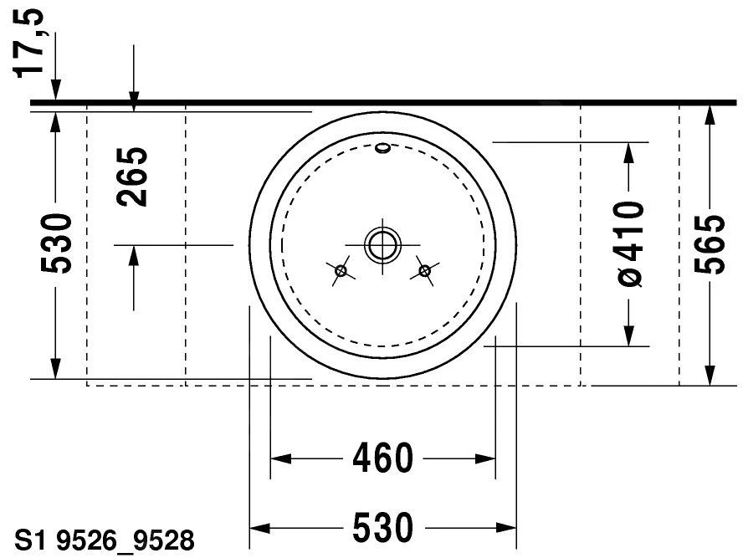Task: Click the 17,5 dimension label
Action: point(29,44)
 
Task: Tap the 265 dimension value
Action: point(132,177)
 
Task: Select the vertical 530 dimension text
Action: point(56,244)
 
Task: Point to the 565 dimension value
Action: point(710,244)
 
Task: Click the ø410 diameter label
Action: point(631,244)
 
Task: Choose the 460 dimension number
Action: point(383,458)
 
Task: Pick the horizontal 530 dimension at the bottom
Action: point(383,527)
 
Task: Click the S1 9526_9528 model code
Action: point(105,540)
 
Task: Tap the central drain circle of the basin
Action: point(382,245)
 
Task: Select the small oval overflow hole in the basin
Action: point(383,148)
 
